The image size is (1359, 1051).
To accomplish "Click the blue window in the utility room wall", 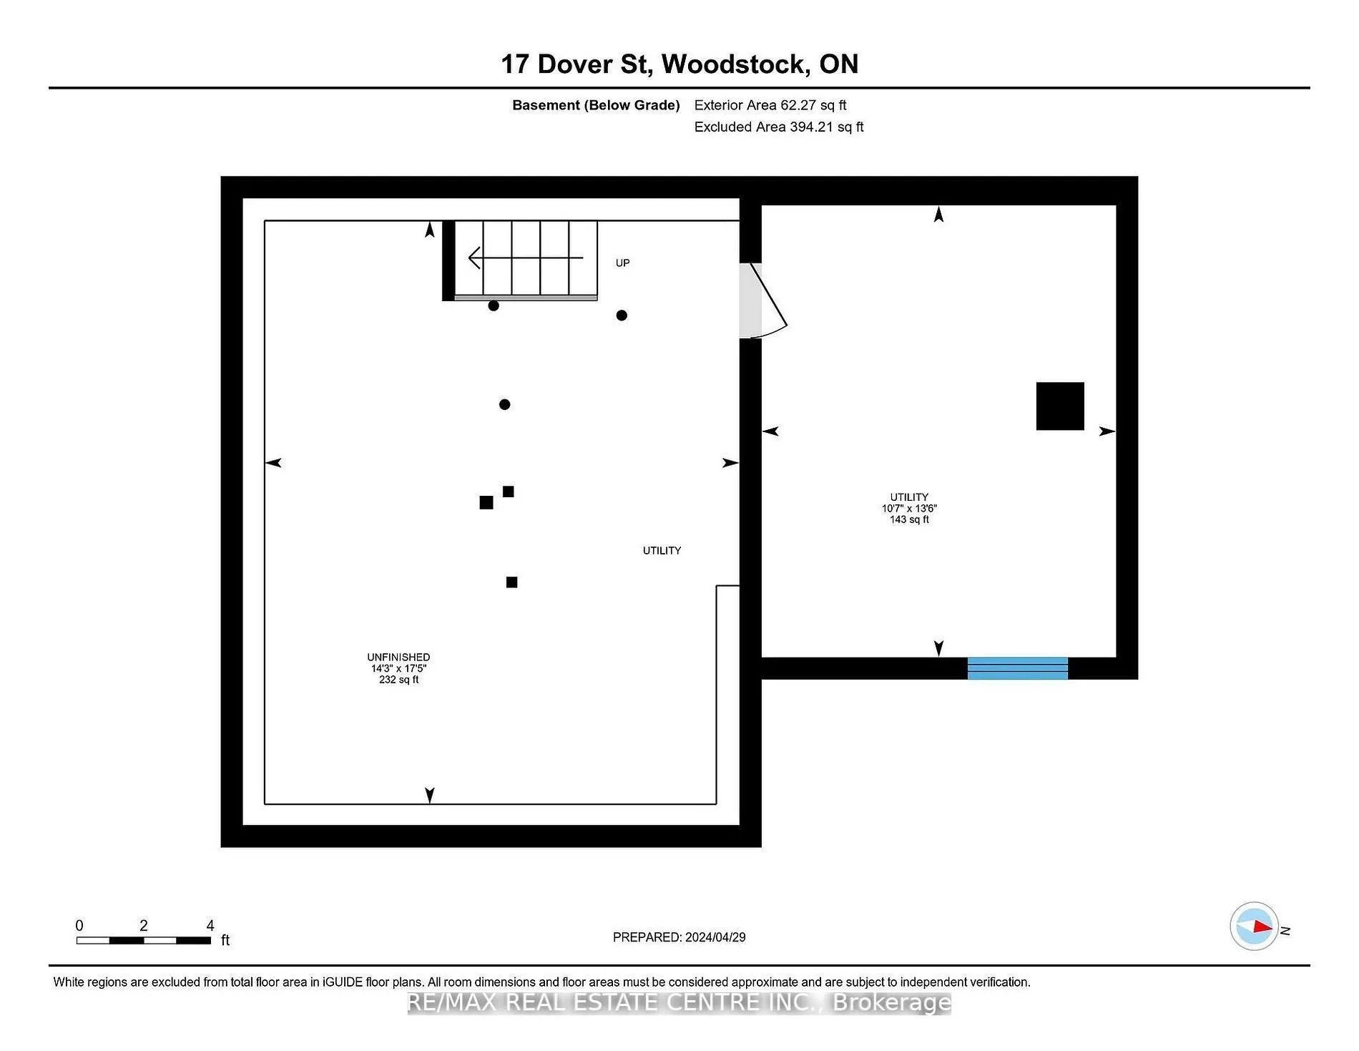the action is [x=1018, y=668].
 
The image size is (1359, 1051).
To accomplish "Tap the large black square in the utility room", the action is [x=1060, y=406].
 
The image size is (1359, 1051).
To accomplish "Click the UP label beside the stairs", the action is [x=623, y=263].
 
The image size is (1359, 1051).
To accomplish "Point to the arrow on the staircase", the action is [x=526, y=258].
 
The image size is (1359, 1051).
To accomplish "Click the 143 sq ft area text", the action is [x=909, y=520].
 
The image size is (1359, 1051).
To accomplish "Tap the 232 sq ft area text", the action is [x=399, y=680].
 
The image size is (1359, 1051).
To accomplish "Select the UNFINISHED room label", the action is [x=398, y=658].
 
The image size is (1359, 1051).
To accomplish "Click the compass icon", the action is [x=1254, y=927].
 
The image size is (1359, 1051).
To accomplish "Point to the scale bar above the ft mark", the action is [x=144, y=940].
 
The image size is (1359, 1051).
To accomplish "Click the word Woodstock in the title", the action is [x=735, y=64].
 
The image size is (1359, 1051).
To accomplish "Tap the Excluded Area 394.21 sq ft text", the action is [x=779, y=127].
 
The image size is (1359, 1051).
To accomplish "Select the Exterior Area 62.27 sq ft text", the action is [x=770, y=105].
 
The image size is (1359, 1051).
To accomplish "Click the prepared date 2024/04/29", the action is [x=715, y=937].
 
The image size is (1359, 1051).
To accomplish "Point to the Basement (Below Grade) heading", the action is [x=596, y=105].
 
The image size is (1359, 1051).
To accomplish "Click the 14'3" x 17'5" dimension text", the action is [x=398, y=669].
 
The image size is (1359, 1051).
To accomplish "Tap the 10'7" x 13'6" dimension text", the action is [x=909, y=509].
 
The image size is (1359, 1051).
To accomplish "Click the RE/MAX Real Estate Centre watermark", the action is [x=679, y=1003].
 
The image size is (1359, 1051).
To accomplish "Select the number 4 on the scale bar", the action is [x=210, y=926].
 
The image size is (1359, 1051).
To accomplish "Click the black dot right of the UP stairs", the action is [x=622, y=316].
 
